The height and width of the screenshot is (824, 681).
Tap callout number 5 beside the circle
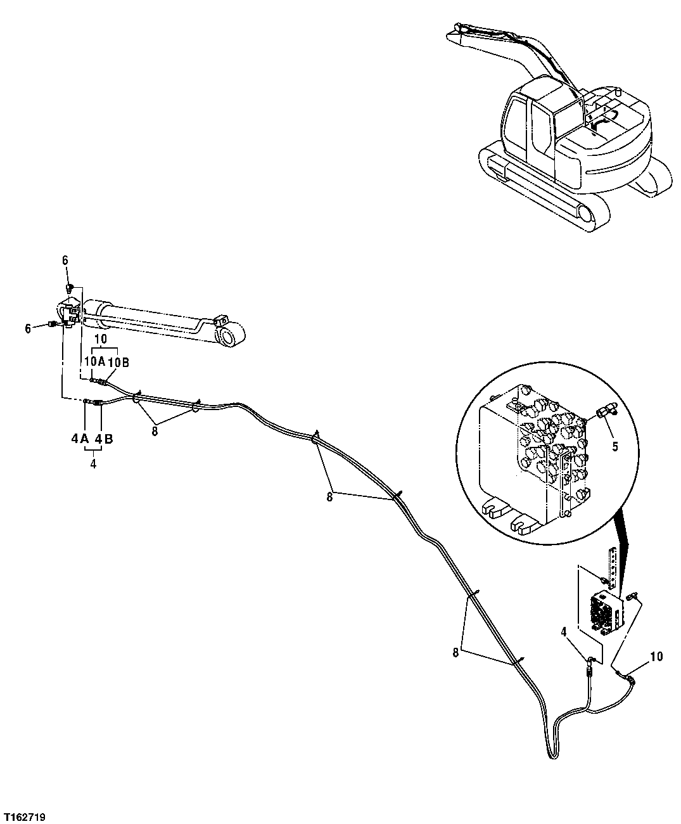click(x=614, y=445)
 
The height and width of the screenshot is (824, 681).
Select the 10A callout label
click(x=93, y=362)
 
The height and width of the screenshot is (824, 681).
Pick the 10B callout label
click(x=118, y=362)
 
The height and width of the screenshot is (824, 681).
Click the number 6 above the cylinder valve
click(x=65, y=260)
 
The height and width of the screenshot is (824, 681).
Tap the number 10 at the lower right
click(x=656, y=656)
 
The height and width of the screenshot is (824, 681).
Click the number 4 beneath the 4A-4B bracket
click(x=93, y=463)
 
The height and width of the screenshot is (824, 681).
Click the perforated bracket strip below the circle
click(x=612, y=564)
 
